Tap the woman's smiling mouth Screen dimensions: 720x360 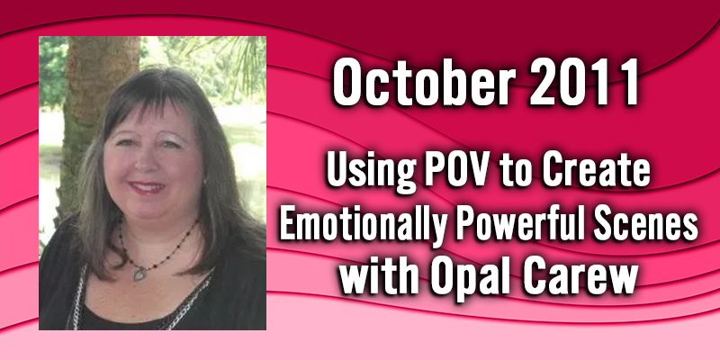pos(147,187)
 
